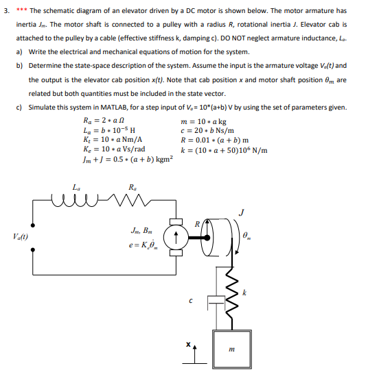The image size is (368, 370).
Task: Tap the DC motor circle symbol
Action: tap(178, 236)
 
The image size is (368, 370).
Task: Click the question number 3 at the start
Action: tap(6, 11)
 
